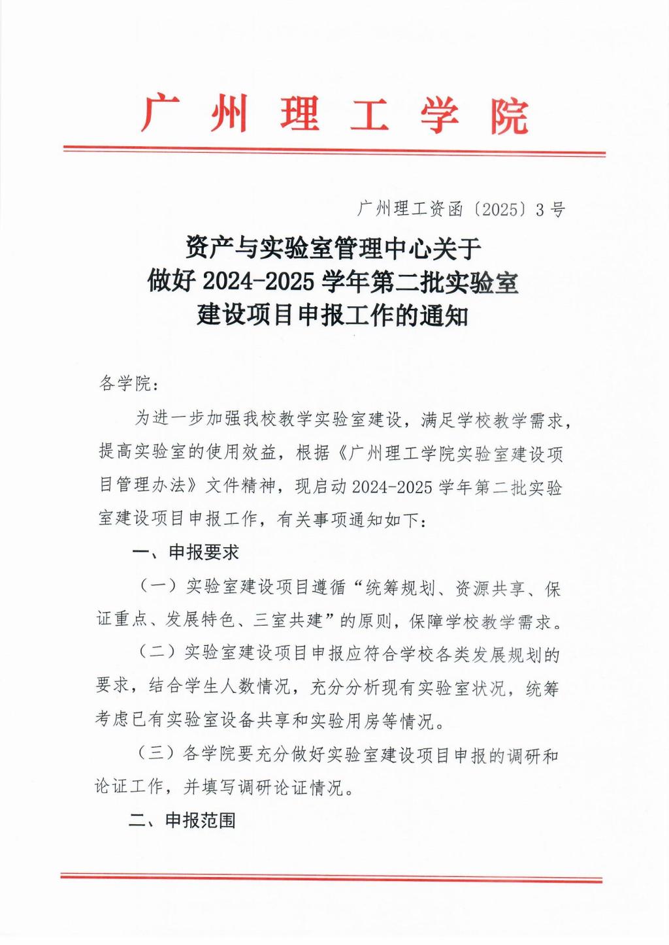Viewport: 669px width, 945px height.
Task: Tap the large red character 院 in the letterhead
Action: (510, 116)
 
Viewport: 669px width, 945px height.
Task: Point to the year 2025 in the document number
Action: (500, 209)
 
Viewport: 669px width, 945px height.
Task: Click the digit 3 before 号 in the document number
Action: (540, 209)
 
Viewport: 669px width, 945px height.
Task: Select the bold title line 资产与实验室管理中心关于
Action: (333, 249)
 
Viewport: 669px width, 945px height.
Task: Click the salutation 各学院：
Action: (129, 383)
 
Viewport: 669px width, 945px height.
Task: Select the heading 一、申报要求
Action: (185, 553)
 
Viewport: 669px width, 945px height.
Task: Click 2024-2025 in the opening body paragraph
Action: (391, 487)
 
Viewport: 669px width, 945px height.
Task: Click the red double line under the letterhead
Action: (334, 153)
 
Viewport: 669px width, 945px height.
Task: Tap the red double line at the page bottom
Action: (332, 878)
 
